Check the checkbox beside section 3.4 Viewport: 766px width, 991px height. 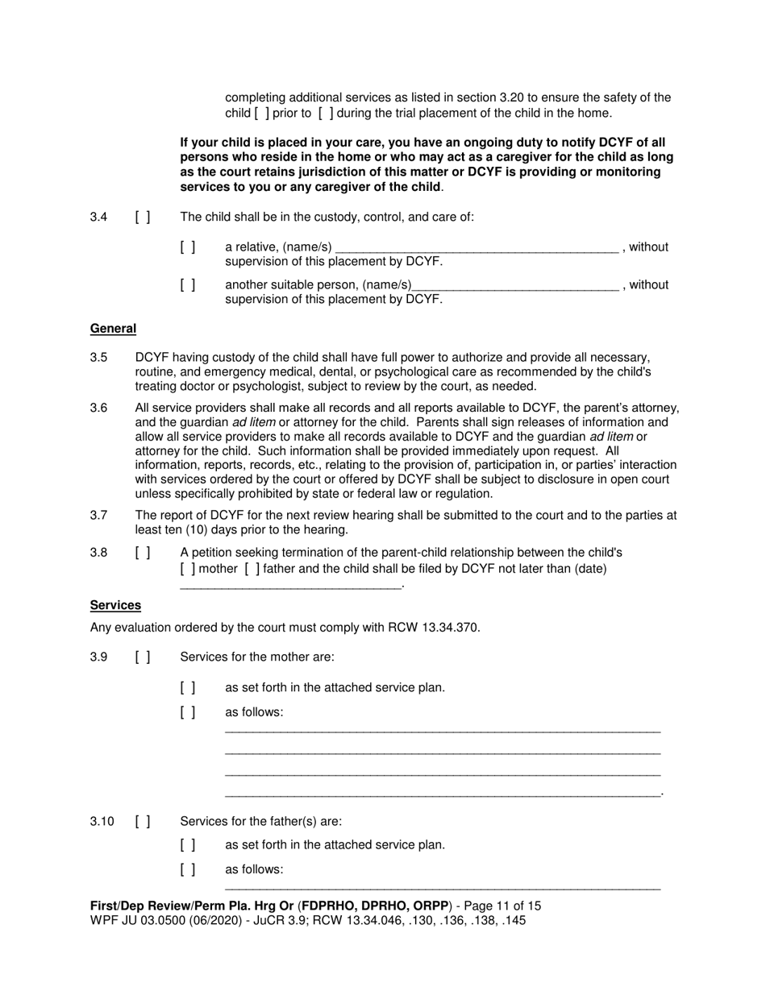(x=143, y=217)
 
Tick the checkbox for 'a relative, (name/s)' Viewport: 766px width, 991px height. (x=188, y=247)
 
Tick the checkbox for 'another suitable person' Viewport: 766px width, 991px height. (x=188, y=284)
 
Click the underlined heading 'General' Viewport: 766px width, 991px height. (x=113, y=329)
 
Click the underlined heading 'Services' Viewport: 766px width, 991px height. (x=115, y=605)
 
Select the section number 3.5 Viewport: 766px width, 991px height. (x=99, y=357)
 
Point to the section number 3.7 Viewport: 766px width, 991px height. (x=99, y=515)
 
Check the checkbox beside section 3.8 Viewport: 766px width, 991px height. (x=143, y=553)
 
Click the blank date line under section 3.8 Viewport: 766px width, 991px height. (x=290, y=585)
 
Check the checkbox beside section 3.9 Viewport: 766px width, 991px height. (x=143, y=657)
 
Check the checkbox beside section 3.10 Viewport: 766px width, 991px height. (x=143, y=822)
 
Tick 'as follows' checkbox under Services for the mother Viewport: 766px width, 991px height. (x=188, y=712)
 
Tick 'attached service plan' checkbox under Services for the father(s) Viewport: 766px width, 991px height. (x=188, y=845)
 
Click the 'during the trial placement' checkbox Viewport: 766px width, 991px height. (x=327, y=113)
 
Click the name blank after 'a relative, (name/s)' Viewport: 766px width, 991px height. (x=476, y=248)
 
